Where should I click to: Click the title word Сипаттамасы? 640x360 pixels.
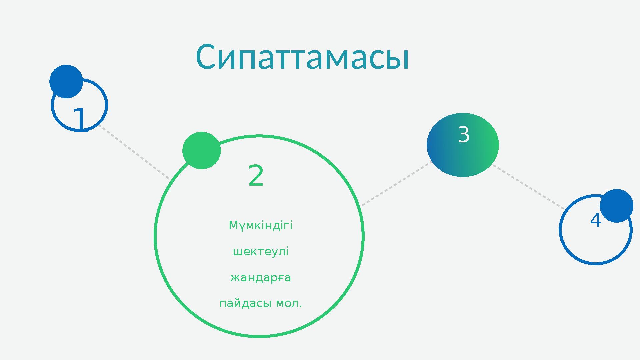pyautogui.click(x=302, y=57)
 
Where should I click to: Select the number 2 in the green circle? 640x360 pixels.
pyautogui.click(x=256, y=176)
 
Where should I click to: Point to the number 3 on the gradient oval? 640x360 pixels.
pyautogui.click(x=464, y=135)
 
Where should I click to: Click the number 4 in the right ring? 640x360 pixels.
pyautogui.click(x=595, y=220)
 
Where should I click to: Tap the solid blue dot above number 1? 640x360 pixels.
pyautogui.click(x=66, y=81)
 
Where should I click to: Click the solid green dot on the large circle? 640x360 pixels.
pyautogui.click(x=201, y=150)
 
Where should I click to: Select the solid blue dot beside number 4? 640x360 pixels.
pyautogui.click(x=616, y=206)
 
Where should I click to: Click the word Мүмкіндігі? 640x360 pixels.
pyautogui.click(x=260, y=226)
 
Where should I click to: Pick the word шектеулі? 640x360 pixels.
pyautogui.click(x=260, y=251)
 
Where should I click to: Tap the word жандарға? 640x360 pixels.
pyautogui.click(x=260, y=277)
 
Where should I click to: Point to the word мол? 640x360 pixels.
pyautogui.click(x=289, y=304)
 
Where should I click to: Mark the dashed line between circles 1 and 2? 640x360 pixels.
pyautogui.click(x=135, y=153)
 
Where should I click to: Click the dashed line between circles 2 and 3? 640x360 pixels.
pyautogui.click(x=396, y=184)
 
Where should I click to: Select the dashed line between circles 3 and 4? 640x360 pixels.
pyautogui.click(x=528, y=187)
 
